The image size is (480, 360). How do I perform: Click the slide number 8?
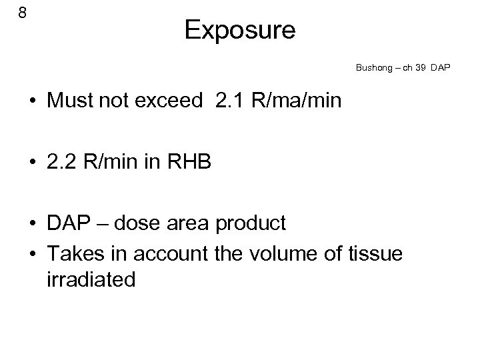(22, 13)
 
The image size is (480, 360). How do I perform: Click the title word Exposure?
(240, 30)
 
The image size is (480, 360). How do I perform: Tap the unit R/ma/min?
(296, 101)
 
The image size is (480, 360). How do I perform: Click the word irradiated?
(91, 280)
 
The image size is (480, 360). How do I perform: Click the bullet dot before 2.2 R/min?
(32, 163)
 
